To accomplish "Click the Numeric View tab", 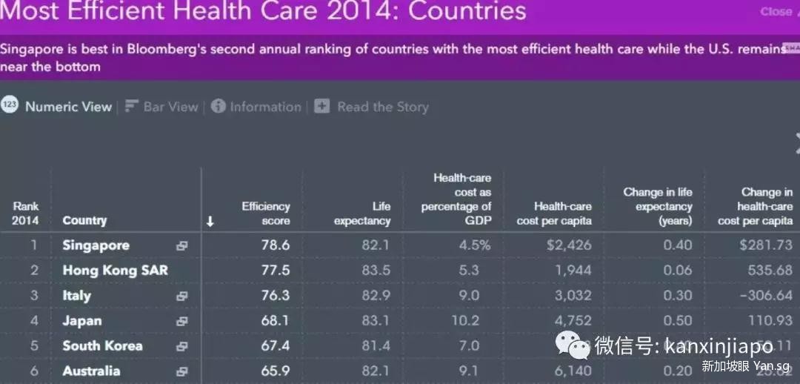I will click(67, 107).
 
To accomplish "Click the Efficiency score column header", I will click(265, 213).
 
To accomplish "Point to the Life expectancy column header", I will click(361, 213).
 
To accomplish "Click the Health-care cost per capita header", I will click(554, 213).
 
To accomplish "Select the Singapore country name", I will click(96, 245).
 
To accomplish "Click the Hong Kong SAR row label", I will click(115, 271).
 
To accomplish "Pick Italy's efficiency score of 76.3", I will click(276, 296).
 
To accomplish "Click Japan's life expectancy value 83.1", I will click(376, 321).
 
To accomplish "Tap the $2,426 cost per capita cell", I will click(567, 245).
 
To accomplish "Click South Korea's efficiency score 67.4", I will click(276, 346).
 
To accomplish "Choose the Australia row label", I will click(90, 371).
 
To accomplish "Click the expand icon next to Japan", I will click(181, 322).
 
